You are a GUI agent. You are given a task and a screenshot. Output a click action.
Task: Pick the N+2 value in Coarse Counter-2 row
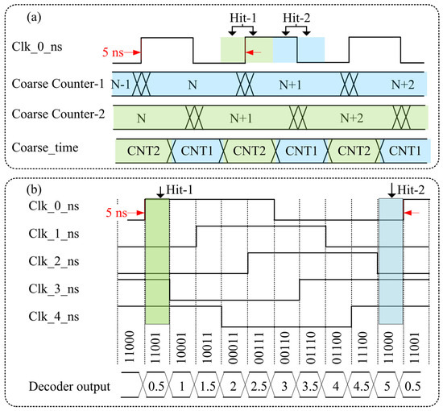coord(350,118)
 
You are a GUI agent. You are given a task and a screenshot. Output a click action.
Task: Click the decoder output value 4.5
coord(364,387)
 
